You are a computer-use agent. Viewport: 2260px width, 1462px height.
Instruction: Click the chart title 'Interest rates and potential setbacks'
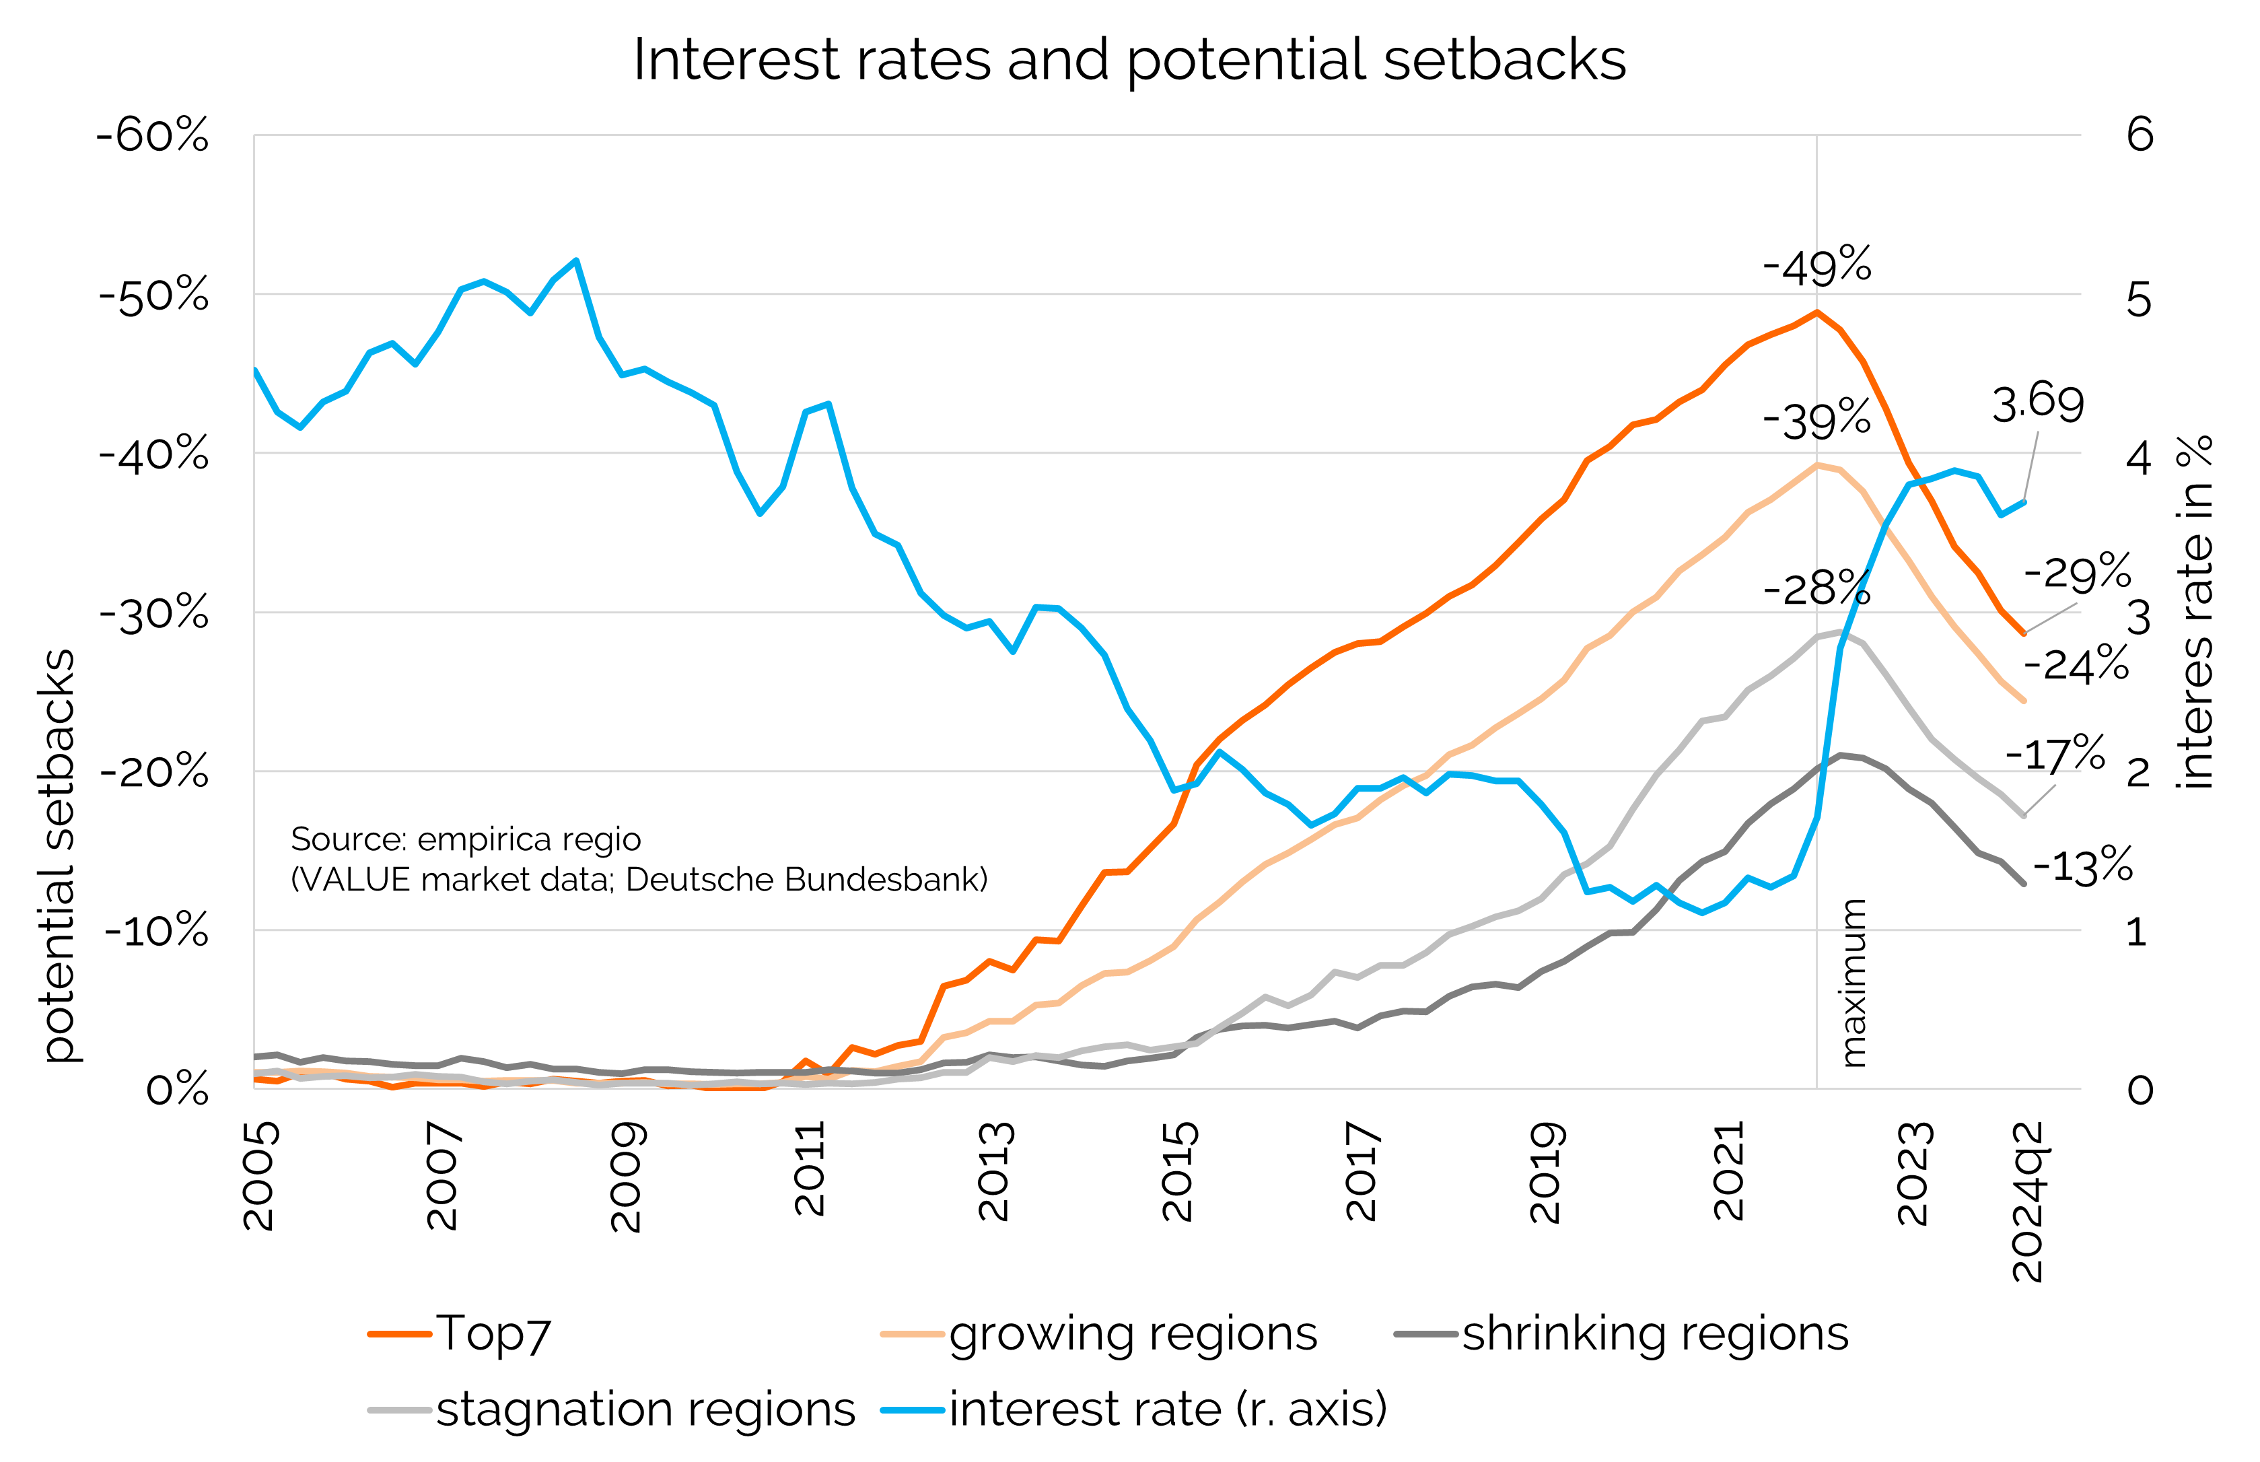[1129, 60]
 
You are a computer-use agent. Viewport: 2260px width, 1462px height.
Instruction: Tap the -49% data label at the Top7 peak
[1816, 266]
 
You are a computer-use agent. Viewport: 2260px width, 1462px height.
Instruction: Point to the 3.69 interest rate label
[2037, 403]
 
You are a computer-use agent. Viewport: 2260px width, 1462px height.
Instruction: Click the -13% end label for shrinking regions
[2082, 866]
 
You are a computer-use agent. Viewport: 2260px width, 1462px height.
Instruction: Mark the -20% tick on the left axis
[153, 771]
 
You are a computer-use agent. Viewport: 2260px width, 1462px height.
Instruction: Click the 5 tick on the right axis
[2138, 301]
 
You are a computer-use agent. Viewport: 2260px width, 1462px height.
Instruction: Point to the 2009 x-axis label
[627, 1177]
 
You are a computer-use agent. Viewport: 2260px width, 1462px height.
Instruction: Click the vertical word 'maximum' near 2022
[1853, 983]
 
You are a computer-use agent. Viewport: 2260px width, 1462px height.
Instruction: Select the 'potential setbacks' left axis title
[59, 854]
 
